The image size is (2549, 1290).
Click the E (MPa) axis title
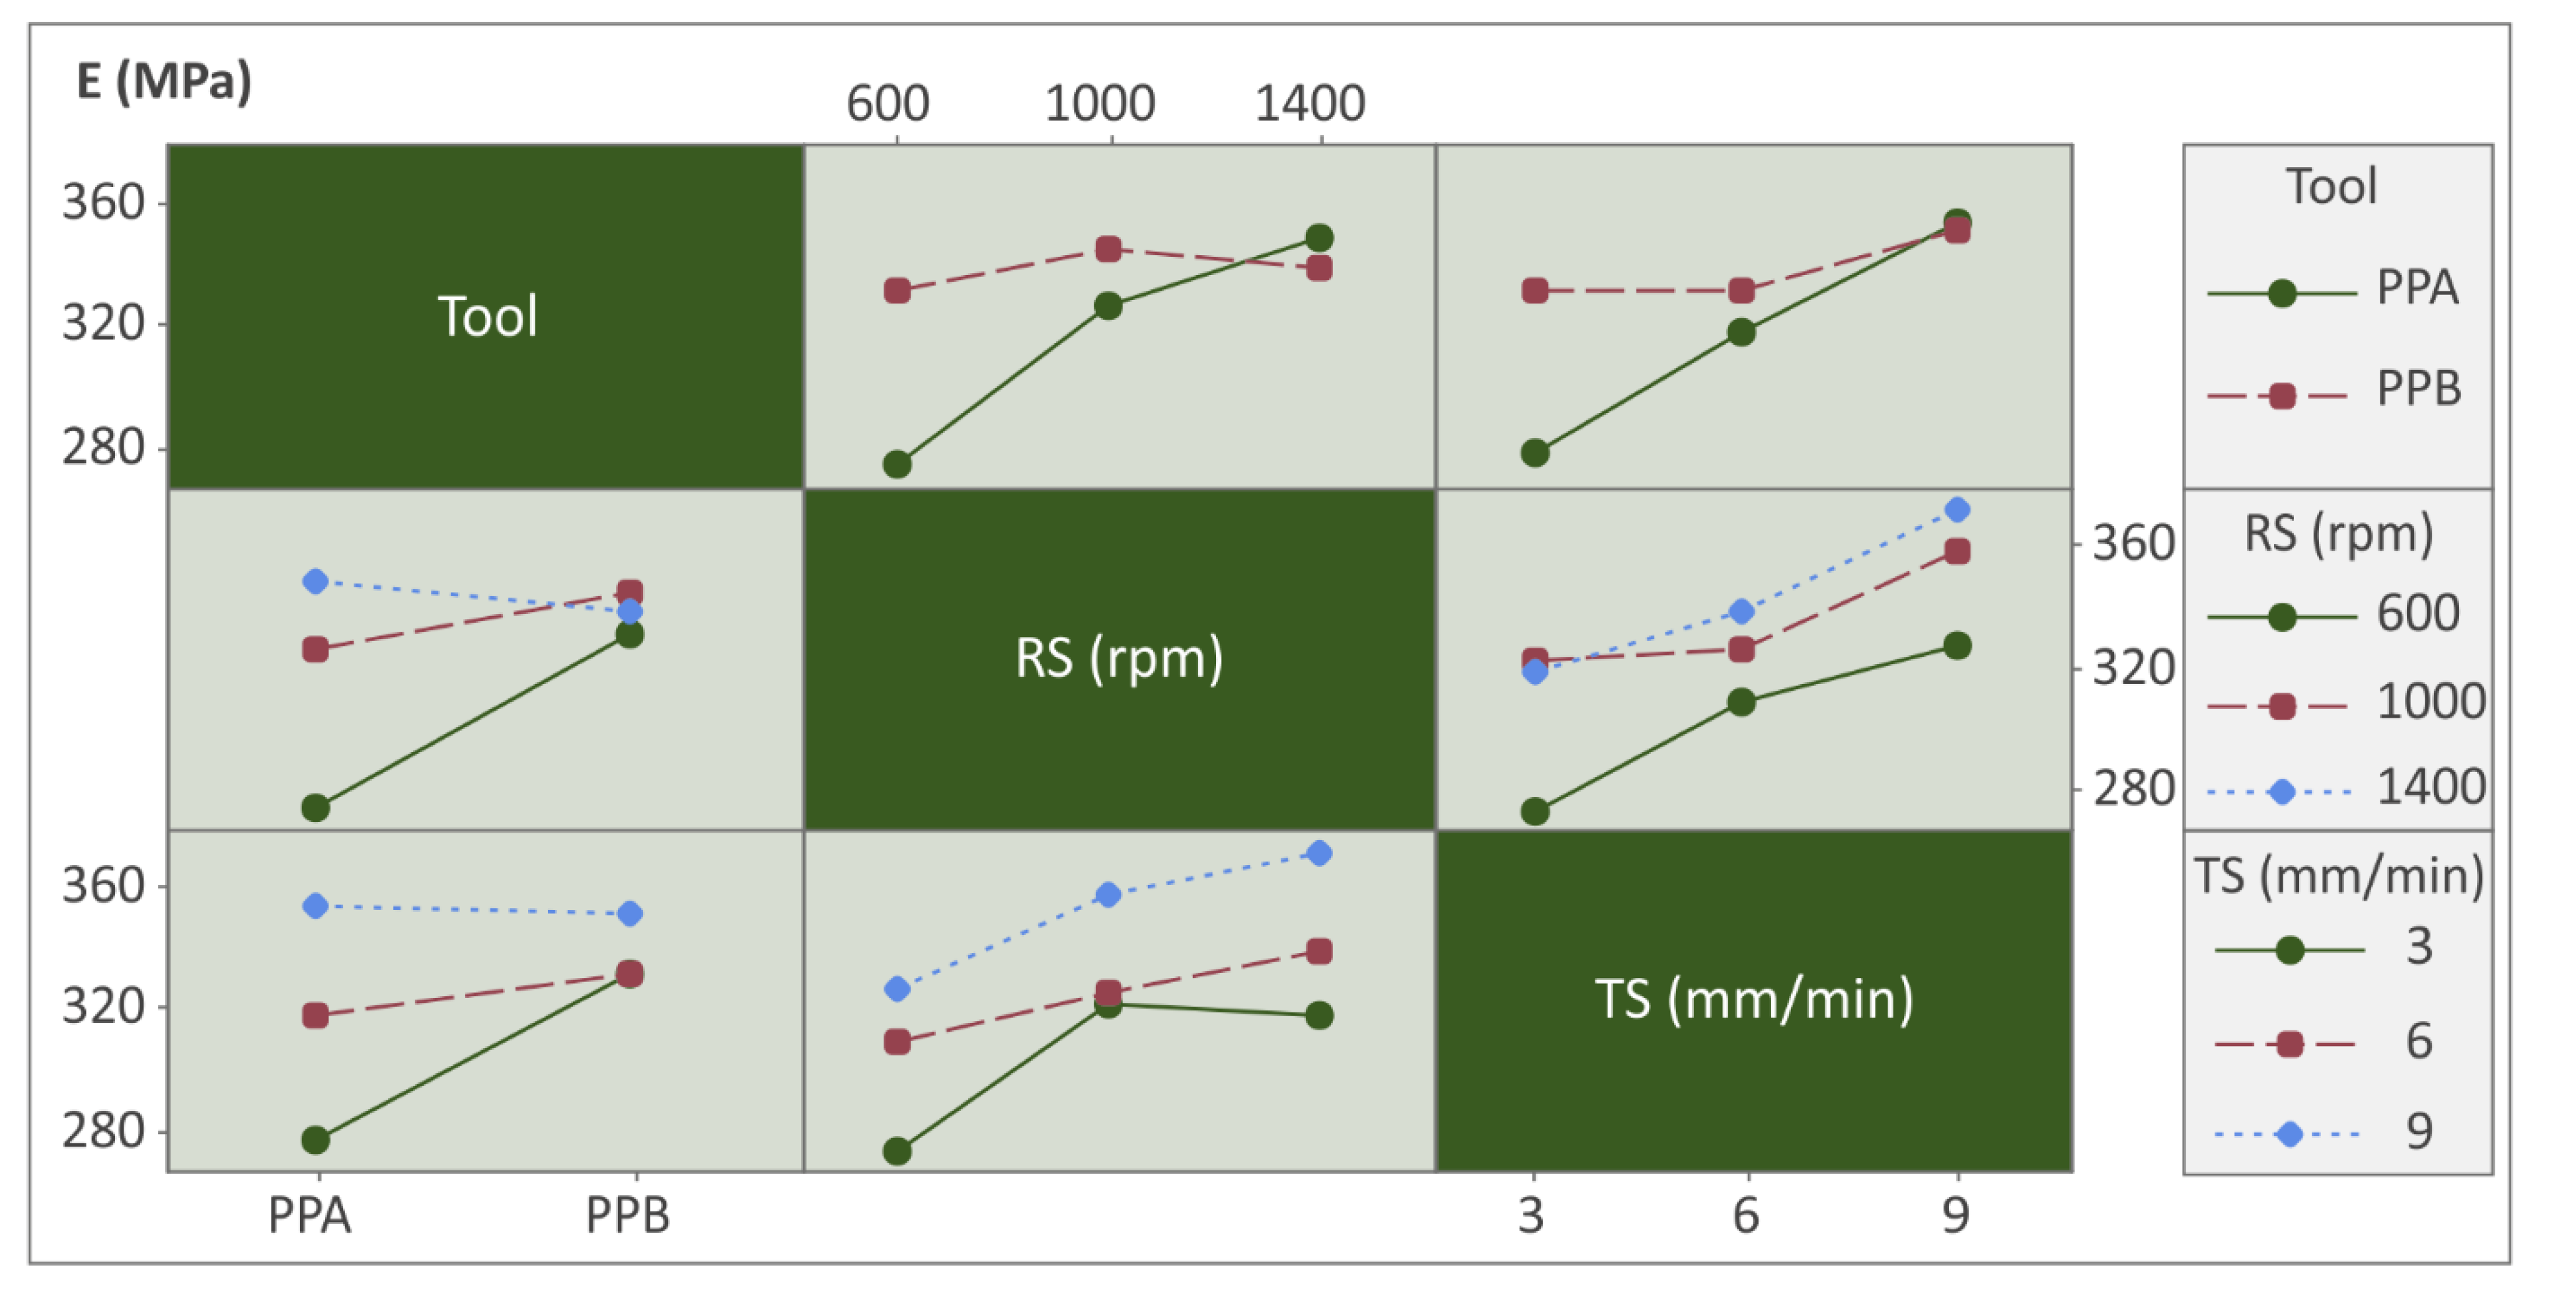(165, 81)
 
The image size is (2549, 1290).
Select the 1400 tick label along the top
(1309, 104)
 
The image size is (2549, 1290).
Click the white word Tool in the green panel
(488, 317)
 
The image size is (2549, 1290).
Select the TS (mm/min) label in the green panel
(1753, 999)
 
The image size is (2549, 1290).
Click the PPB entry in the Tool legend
(2417, 389)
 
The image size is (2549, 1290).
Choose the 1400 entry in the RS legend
(2430, 788)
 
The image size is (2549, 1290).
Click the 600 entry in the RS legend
(2417, 613)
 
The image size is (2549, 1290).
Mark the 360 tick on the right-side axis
(2133, 543)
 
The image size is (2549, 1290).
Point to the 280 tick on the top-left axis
(103, 448)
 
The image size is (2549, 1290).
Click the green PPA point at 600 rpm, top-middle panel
(897, 464)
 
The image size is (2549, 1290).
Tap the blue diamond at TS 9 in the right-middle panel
(1956, 510)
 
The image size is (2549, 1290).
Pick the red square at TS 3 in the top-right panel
(1535, 291)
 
